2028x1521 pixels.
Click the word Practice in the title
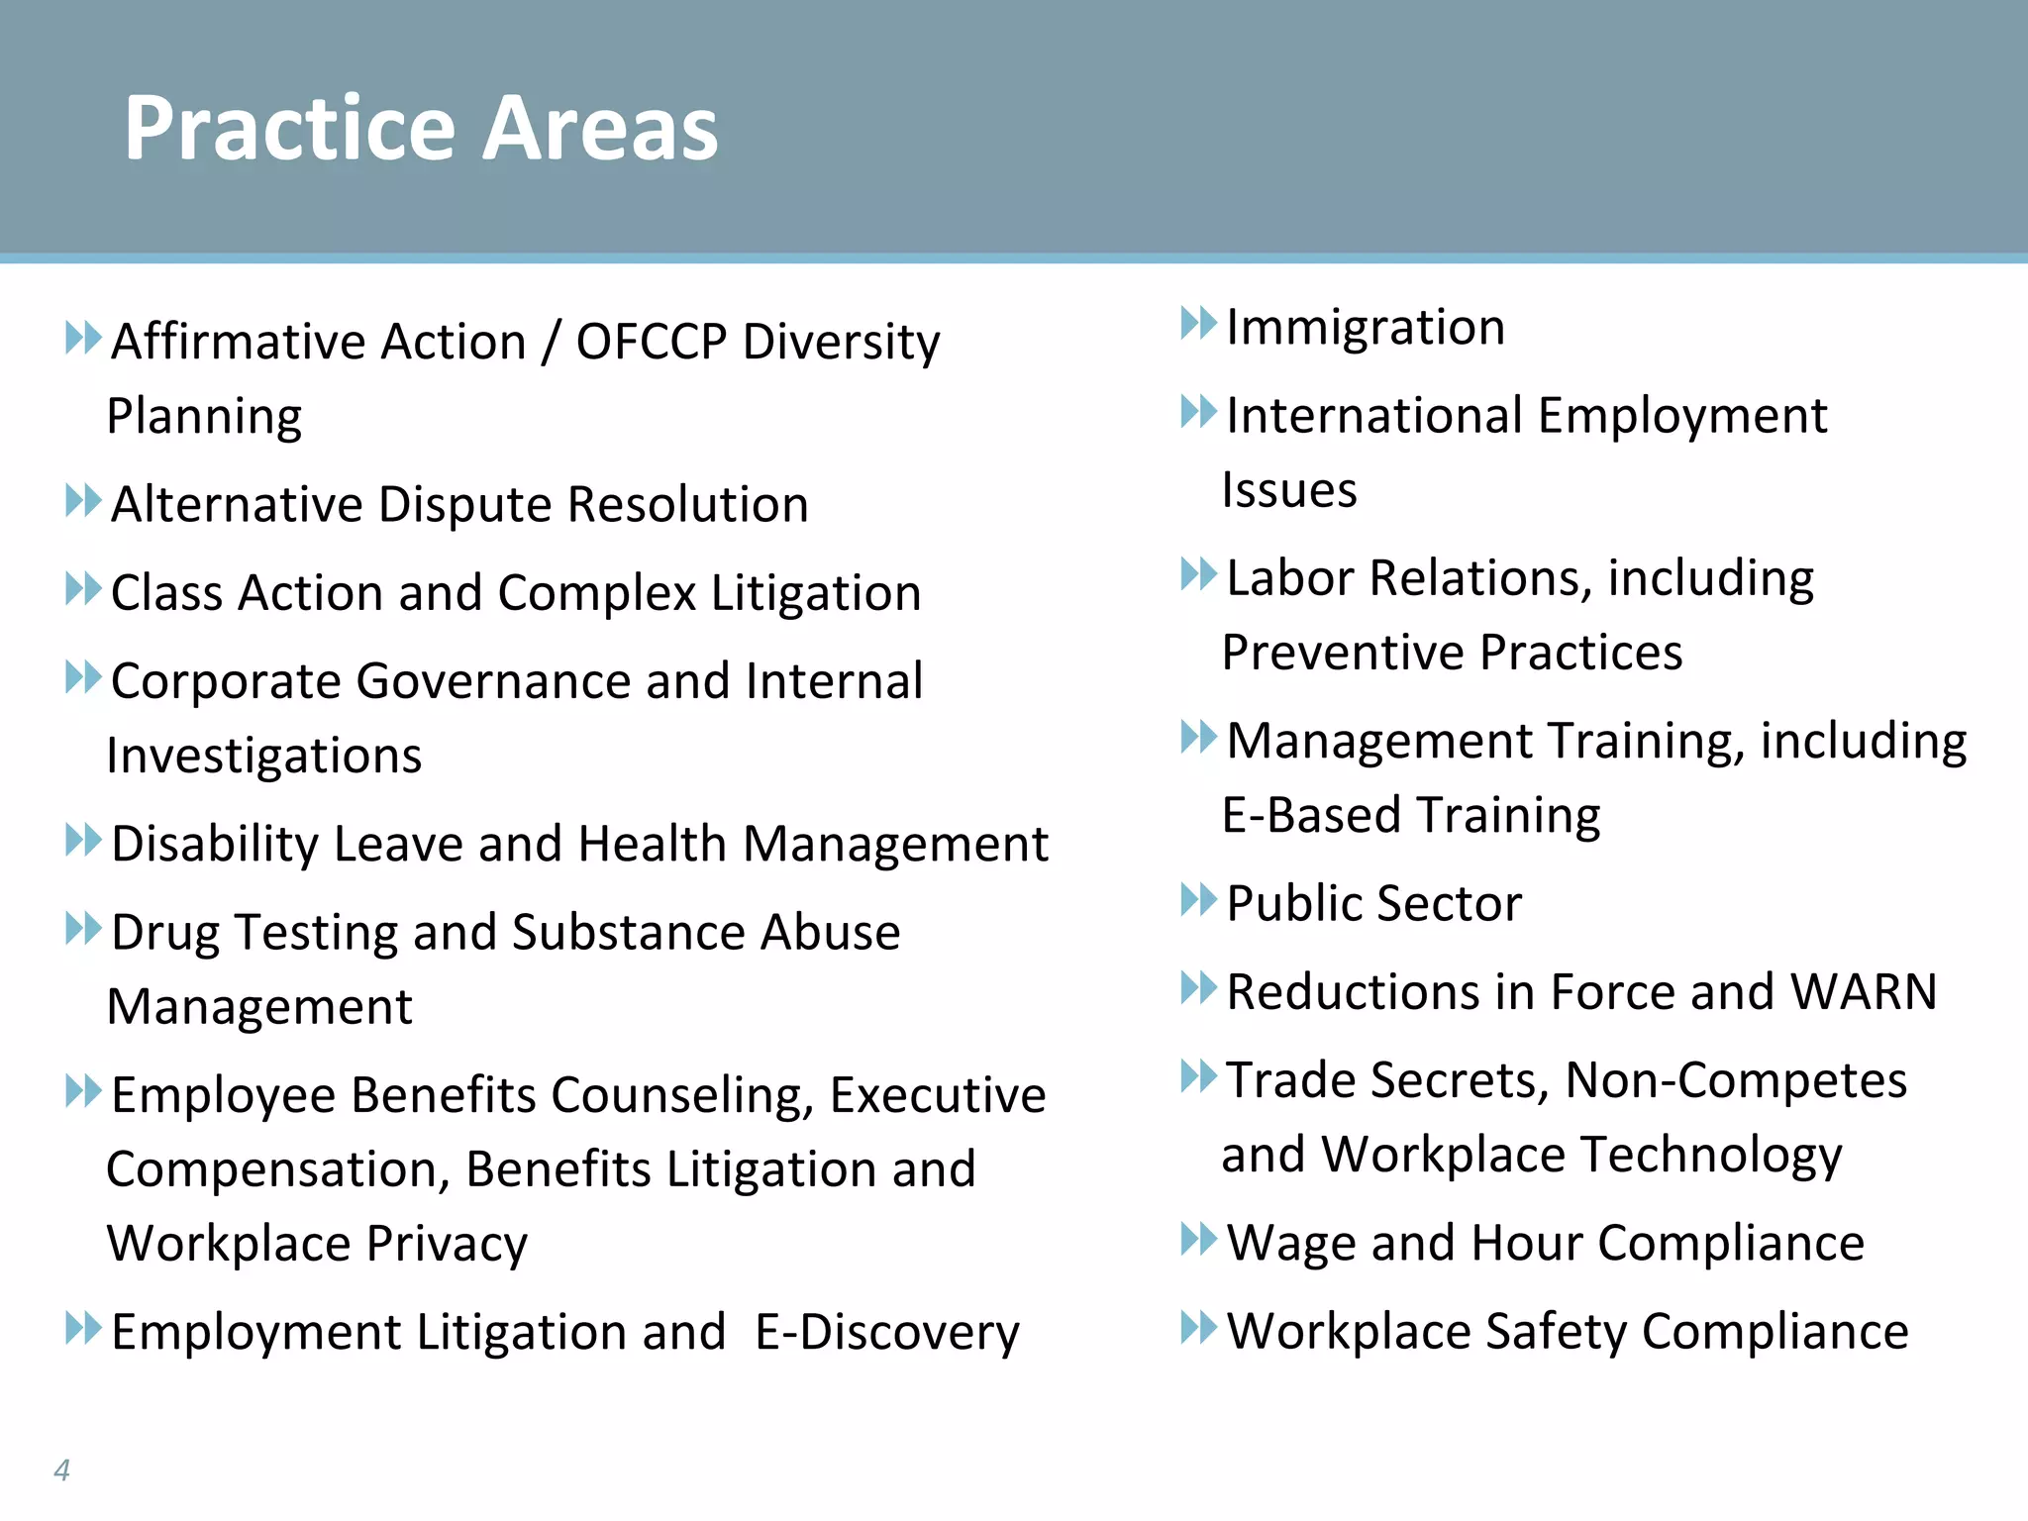pyautogui.click(x=288, y=129)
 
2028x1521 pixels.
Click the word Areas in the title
pyautogui.click(x=600, y=129)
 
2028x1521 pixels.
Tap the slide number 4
pyautogui.click(x=61, y=1470)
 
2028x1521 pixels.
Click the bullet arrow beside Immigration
pyautogui.click(x=1198, y=324)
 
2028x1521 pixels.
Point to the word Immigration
pyautogui.click(x=1366, y=328)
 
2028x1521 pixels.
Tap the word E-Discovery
pyautogui.click(x=886, y=1333)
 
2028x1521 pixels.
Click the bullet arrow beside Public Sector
pyautogui.click(x=1198, y=900)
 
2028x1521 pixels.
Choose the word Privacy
pyautogui.click(x=447, y=1244)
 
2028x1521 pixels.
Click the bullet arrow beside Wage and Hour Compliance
pyautogui.click(x=1198, y=1239)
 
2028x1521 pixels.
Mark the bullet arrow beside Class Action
pyautogui.click(x=83, y=588)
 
